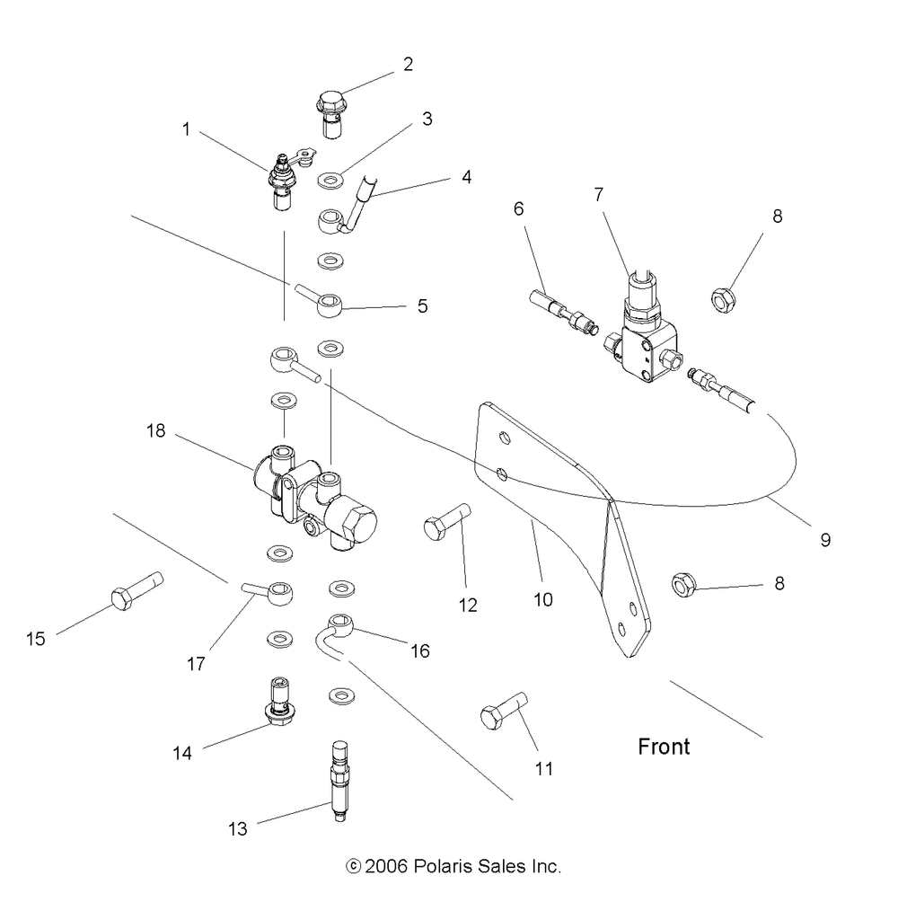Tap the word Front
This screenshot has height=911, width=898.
pos(664,747)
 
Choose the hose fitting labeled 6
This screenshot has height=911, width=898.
pos(561,313)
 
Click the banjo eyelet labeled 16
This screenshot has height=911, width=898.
pos(341,623)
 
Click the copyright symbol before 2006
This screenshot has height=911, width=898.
pos(353,867)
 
